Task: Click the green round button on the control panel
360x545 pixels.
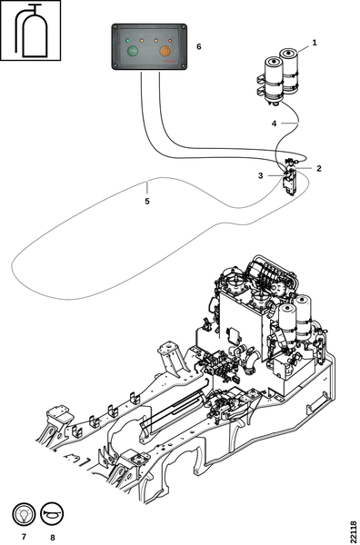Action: click(132, 51)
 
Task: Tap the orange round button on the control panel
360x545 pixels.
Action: click(165, 51)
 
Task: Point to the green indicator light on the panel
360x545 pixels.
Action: click(127, 41)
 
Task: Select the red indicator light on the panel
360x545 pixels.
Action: click(170, 41)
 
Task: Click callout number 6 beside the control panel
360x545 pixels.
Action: click(199, 46)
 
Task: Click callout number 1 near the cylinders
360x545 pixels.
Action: click(315, 43)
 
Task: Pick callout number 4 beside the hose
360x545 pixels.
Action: click(274, 124)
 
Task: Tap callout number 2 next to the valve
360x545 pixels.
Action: click(319, 169)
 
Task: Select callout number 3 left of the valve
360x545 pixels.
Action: click(261, 176)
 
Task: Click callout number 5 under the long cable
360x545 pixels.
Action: click(147, 202)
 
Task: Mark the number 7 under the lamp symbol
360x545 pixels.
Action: click(24, 537)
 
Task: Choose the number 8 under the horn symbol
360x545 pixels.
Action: click(53, 538)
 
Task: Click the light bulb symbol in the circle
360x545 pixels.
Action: click(24, 514)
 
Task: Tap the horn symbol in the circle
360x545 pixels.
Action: click(52, 514)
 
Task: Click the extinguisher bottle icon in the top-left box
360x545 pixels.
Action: click(31, 31)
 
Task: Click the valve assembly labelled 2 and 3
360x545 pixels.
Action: click(289, 176)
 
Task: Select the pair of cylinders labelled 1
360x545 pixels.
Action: click(278, 75)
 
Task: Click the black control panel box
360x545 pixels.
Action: click(149, 46)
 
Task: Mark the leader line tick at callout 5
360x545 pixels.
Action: click(147, 188)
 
